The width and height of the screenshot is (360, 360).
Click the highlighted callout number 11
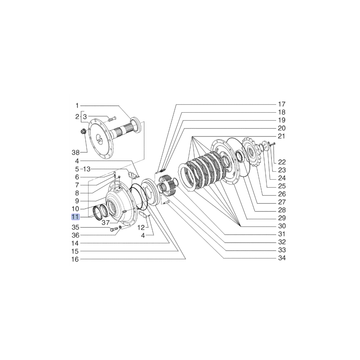pyautogui.click(x=75, y=217)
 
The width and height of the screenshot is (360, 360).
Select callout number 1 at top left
pyautogui.click(x=77, y=105)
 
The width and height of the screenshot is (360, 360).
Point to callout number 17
pyautogui.click(x=281, y=104)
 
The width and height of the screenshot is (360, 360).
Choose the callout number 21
pyautogui.click(x=281, y=136)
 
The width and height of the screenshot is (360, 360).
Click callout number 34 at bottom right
pyautogui.click(x=281, y=258)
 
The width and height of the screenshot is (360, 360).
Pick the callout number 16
pyautogui.click(x=75, y=259)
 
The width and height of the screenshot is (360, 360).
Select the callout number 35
pyautogui.click(x=75, y=228)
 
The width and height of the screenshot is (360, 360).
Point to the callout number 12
pyautogui.click(x=141, y=228)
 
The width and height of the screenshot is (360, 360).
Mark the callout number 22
pyautogui.click(x=281, y=162)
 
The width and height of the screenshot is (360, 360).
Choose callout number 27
pyautogui.click(x=281, y=202)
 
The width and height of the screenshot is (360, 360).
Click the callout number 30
pyautogui.click(x=281, y=226)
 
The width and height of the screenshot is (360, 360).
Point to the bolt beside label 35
pyautogui.click(x=114, y=229)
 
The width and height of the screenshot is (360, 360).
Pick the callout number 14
pyautogui.click(x=75, y=243)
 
